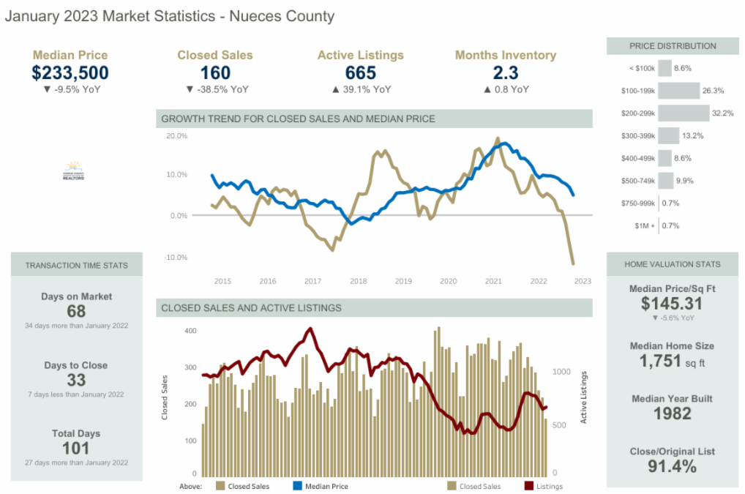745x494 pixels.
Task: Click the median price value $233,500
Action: pyautogui.click(x=70, y=72)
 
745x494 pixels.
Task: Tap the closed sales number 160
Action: pyautogui.click(x=215, y=72)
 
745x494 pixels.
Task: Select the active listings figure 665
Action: pyautogui.click(x=360, y=72)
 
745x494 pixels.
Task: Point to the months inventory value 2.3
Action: pyautogui.click(x=506, y=72)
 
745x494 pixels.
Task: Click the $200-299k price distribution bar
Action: pyautogui.click(x=684, y=113)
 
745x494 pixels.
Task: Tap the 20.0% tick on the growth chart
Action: pyautogui.click(x=177, y=136)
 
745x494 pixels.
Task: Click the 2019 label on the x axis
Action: pyautogui.click(x=403, y=281)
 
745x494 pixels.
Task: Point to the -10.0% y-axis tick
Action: pyautogui.click(x=176, y=258)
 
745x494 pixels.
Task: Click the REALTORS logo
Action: pyautogui.click(x=75, y=171)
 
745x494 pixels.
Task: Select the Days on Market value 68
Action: pyautogui.click(x=76, y=312)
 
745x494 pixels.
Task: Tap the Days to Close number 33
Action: pyautogui.click(x=76, y=380)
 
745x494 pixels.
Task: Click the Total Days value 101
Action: pyautogui.click(x=76, y=448)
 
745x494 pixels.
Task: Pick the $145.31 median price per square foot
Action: pyautogui.click(x=672, y=304)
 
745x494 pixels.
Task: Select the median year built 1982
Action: pyautogui.click(x=672, y=413)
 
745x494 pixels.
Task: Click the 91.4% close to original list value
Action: pyautogui.click(x=672, y=466)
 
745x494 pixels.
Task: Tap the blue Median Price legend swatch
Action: pyautogui.click(x=298, y=486)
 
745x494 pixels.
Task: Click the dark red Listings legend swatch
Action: pyautogui.click(x=529, y=486)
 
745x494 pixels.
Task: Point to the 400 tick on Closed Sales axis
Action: pyautogui.click(x=190, y=331)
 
